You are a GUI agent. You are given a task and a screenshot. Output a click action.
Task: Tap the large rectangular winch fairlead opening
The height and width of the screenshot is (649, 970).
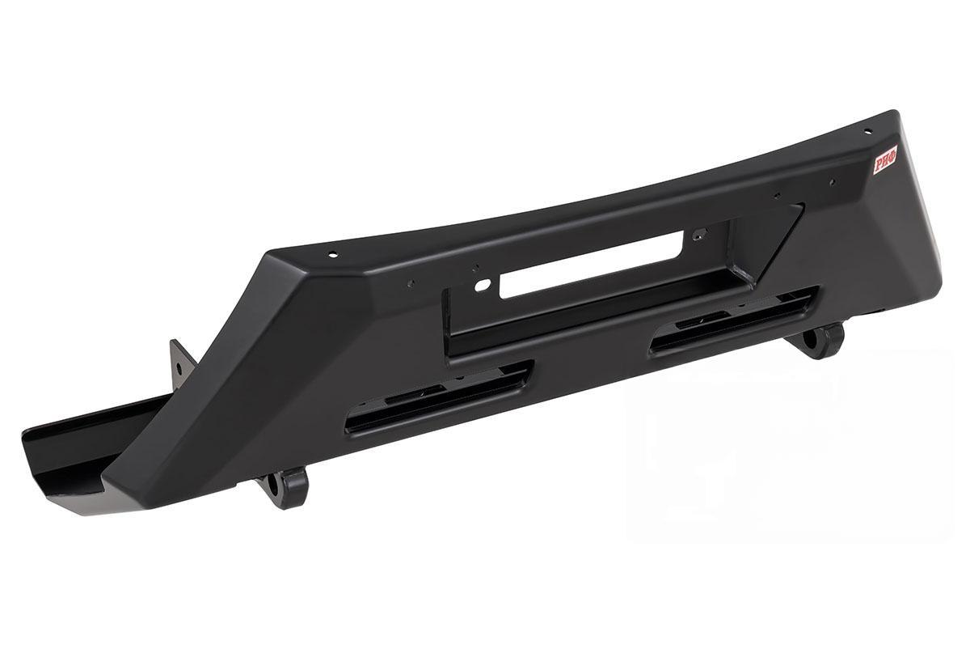pos(592,265)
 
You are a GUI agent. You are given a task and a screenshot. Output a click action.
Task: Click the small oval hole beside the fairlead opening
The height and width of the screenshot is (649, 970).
pos(483,285)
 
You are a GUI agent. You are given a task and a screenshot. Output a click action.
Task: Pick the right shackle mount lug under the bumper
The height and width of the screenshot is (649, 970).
pos(816,340)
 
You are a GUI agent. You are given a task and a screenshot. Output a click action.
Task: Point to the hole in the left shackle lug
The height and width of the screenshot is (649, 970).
pos(273,486)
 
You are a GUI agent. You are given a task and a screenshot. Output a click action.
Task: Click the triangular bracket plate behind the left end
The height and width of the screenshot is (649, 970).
pos(182,365)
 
